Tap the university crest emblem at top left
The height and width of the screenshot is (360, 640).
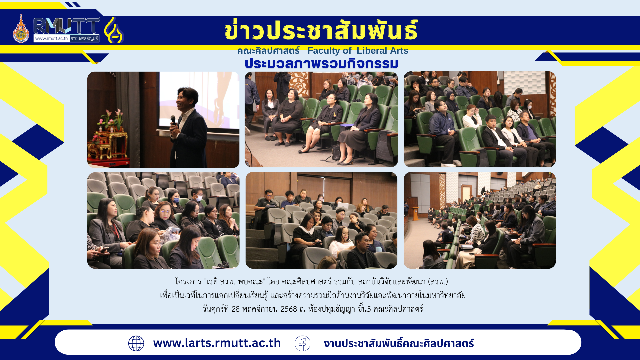coord(21,29)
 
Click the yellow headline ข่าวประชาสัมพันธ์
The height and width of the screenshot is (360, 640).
coord(321,30)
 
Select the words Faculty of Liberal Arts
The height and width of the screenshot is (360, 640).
coord(358,51)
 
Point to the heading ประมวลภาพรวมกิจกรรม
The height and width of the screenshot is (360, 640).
coord(322,63)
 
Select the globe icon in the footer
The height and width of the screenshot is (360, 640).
coord(136,343)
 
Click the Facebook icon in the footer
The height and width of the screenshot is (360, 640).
coord(302,343)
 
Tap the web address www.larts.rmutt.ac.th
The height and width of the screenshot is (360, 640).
coord(217,343)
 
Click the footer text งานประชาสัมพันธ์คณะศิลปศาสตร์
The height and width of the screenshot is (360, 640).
coord(399,343)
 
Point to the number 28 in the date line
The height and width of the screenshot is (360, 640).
coord(235,309)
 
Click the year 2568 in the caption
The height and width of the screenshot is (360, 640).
coord(289,309)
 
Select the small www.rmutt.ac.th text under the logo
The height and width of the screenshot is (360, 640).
coord(51,38)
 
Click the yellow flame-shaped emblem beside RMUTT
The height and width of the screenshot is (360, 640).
coord(114,30)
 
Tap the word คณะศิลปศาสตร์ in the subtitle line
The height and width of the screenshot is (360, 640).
coord(268,51)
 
